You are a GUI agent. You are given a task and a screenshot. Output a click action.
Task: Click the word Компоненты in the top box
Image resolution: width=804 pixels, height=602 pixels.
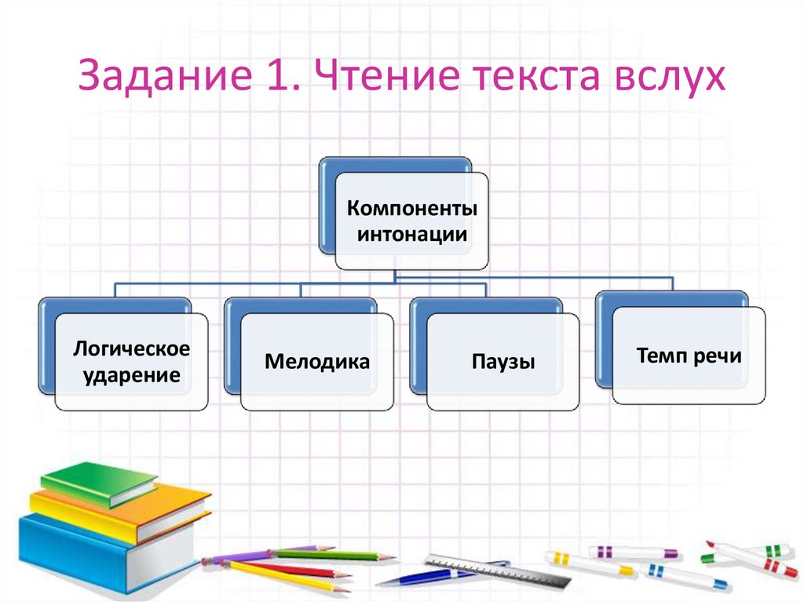pyautogui.click(x=411, y=210)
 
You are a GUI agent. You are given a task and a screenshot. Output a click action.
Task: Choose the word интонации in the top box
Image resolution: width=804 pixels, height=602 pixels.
pyautogui.click(x=411, y=234)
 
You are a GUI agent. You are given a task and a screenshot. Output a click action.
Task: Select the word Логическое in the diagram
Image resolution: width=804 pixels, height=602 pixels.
pyautogui.click(x=131, y=348)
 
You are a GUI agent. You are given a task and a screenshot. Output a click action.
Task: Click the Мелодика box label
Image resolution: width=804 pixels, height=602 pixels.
pyautogui.click(x=316, y=362)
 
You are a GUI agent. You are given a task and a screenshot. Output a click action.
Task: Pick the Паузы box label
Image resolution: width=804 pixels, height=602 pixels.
pyautogui.click(x=503, y=362)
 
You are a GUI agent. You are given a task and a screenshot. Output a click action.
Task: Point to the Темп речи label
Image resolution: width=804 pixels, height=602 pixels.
pyautogui.click(x=689, y=356)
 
